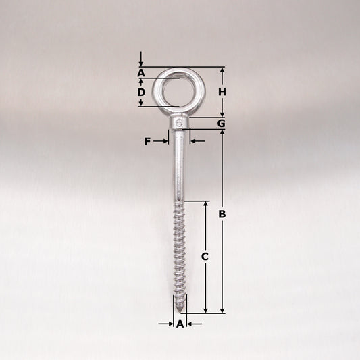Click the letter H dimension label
tap(222, 92)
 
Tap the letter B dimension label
tap(222, 214)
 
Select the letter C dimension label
tap(205, 257)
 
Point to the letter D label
tap(141, 93)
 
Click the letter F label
tap(147, 141)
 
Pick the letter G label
tap(222, 124)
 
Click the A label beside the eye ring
tap(141, 73)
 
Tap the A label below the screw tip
tap(180, 324)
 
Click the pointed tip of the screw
tap(180, 311)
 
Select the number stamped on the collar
tap(179, 123)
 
